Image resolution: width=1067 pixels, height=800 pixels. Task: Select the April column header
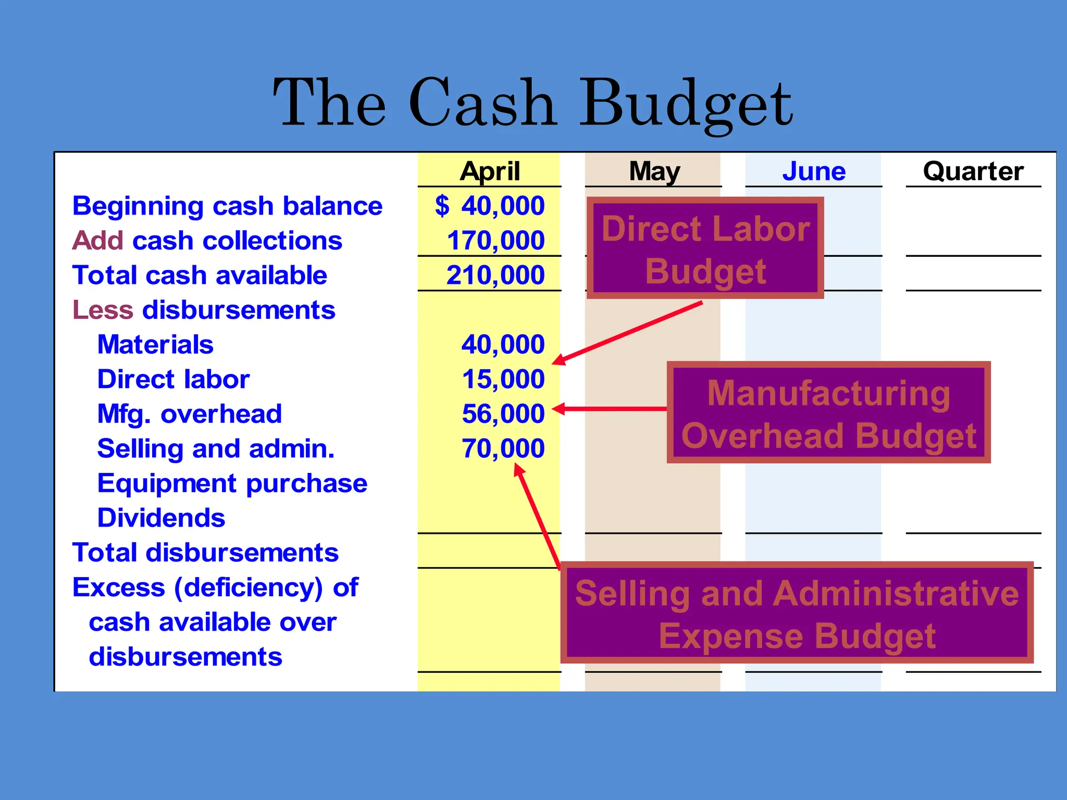(x=490, y=171)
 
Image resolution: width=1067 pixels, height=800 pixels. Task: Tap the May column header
(x=654, y=171)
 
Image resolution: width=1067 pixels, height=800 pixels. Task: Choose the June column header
(x=814, y=171)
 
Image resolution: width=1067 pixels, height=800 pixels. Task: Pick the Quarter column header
(x=973, y=171)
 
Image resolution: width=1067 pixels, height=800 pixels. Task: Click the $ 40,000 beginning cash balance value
(x=490, y=206)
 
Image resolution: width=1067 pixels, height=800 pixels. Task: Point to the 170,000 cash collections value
(x=495, y=241)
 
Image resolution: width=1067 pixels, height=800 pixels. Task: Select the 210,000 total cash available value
(x=495, y=275)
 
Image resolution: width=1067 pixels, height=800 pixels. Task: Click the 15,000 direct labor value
(x=503, y=379)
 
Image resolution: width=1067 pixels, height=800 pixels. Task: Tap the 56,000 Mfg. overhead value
(x=503, y=414)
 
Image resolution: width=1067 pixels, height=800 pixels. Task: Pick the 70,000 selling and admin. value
(x=503, y=448)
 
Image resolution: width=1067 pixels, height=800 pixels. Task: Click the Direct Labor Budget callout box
(x=705, y=248)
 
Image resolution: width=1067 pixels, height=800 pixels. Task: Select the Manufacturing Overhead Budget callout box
(x=828, y=413)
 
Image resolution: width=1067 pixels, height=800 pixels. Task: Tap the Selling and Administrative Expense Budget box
(x=797, y=613)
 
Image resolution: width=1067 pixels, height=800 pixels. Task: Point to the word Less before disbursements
(x=103, y=310)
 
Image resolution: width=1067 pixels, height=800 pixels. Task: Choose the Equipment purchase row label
(x=232, y=483)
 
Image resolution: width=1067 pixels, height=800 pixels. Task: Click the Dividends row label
(x=161, y=518)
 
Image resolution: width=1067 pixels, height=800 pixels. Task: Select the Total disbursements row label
(x=205, y=553)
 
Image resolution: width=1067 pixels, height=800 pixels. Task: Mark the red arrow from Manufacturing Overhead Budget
(x=610, y=409)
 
